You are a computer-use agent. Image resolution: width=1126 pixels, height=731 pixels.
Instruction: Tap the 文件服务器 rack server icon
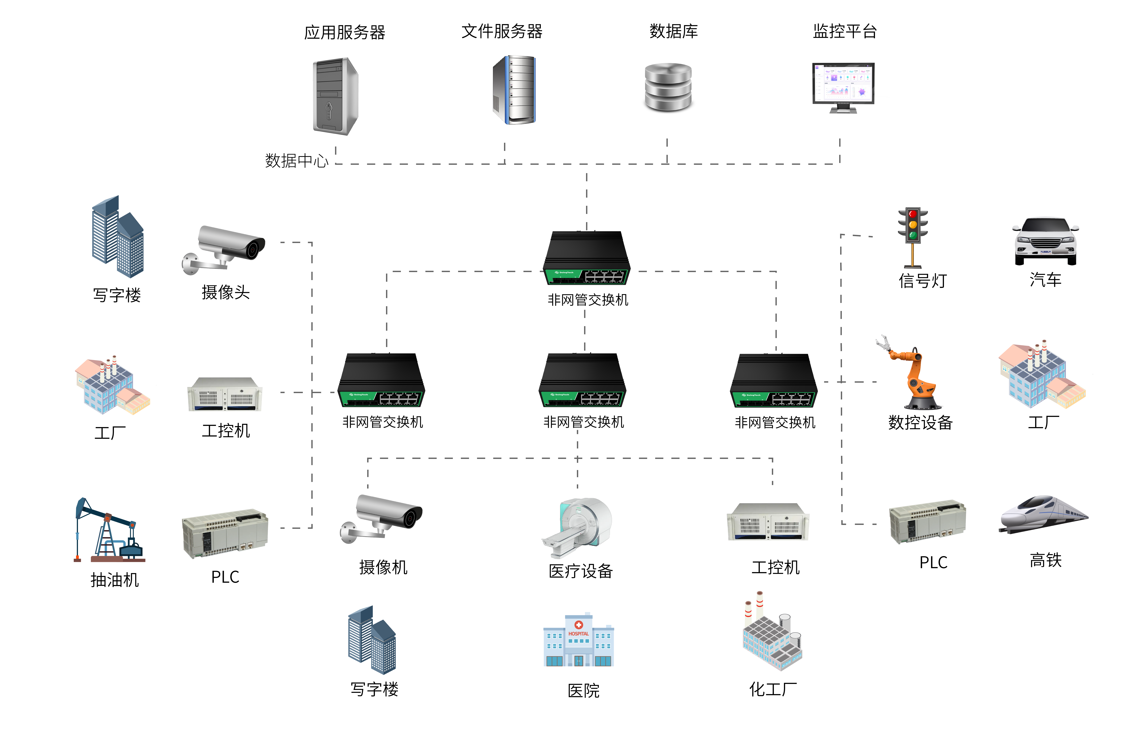tap(514, 90)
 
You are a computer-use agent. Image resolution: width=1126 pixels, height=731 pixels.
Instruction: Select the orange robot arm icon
tap(911, 374)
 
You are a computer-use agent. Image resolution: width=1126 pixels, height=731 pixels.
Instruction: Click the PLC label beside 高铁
tap(933, 563)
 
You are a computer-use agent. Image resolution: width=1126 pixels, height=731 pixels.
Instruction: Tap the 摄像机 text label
tap(383, 567)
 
